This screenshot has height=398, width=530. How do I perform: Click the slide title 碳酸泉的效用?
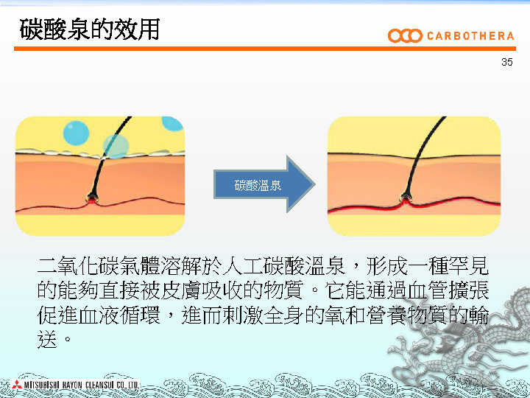[90, 29]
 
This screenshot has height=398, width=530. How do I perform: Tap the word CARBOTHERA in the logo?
[470, 36]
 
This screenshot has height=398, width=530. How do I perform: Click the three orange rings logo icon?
[405, 36]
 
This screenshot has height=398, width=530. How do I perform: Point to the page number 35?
[506, 62]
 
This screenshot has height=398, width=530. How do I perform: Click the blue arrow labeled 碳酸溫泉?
[264, 184]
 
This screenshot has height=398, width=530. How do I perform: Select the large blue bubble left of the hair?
[76, 133]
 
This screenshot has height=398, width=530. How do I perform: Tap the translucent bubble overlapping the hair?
[116, 146]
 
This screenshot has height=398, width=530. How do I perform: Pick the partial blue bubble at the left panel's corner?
[172, 124]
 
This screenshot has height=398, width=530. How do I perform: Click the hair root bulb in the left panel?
[91, 198]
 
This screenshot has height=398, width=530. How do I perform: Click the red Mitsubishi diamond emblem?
[16, 384]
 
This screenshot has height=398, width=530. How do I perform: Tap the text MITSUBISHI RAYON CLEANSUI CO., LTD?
[82, 385]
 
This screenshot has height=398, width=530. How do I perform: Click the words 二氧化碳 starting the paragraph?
[79, 265]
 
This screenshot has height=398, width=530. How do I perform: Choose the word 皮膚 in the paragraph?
[182, 290]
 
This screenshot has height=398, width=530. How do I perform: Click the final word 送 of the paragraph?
[47, 339]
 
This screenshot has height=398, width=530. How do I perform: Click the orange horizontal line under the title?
[265, 49]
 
